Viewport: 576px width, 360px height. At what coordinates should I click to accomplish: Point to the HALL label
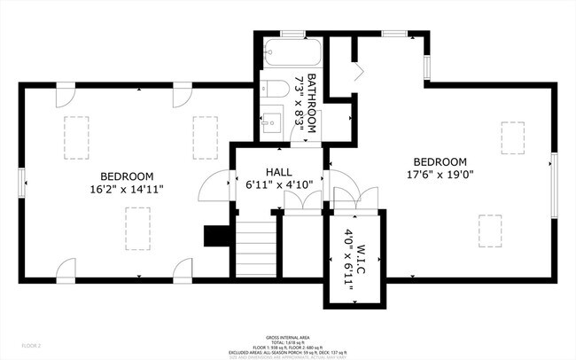coord(280,171)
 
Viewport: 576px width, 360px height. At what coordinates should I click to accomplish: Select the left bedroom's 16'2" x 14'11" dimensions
coord(127,189)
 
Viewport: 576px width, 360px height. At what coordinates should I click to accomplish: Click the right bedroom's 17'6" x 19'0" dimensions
coord(440,175)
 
